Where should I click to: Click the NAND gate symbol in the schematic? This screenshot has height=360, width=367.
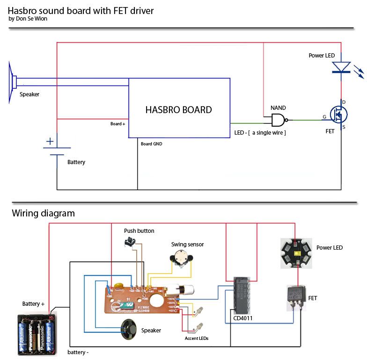tap(278, 120)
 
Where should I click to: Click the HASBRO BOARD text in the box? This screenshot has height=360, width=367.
tap(178, 110)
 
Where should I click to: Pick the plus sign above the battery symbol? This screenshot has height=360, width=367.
tap(50, 141)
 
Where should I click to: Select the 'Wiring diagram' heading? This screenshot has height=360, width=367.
tap(43, 214)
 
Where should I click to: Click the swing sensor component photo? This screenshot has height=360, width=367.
tap(180, 258)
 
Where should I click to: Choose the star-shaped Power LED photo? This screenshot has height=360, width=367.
tap(296, 253)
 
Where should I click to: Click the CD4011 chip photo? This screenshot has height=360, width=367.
tap(242, 295)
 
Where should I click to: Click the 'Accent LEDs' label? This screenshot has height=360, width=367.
tap(197, 338)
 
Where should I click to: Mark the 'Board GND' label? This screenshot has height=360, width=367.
tap(151, 144)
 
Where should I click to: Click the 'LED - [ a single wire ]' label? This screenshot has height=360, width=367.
tap(260, 133)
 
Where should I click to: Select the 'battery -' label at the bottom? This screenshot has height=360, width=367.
tap(78, 352)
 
